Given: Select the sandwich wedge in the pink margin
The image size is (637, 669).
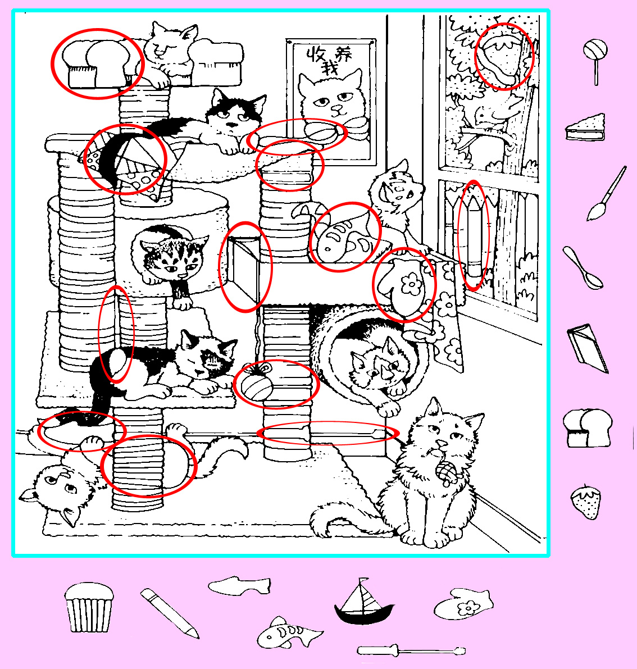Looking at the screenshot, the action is [x=586, y=128].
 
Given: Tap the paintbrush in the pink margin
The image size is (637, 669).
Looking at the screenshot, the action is [x=606, y=194].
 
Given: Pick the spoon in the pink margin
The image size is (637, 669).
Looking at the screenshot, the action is [x=583, y=267].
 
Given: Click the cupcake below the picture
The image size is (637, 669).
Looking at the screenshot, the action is [x=89, y=607].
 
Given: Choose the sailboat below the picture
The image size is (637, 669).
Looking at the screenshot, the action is [x=364, y=602].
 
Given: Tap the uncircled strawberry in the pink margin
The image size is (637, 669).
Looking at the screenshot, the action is [x=586, y=501].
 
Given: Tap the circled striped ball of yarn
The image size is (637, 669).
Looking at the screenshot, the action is [x=257, y=383].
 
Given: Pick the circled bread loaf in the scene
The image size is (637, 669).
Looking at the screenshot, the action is [x=98, y=64].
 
